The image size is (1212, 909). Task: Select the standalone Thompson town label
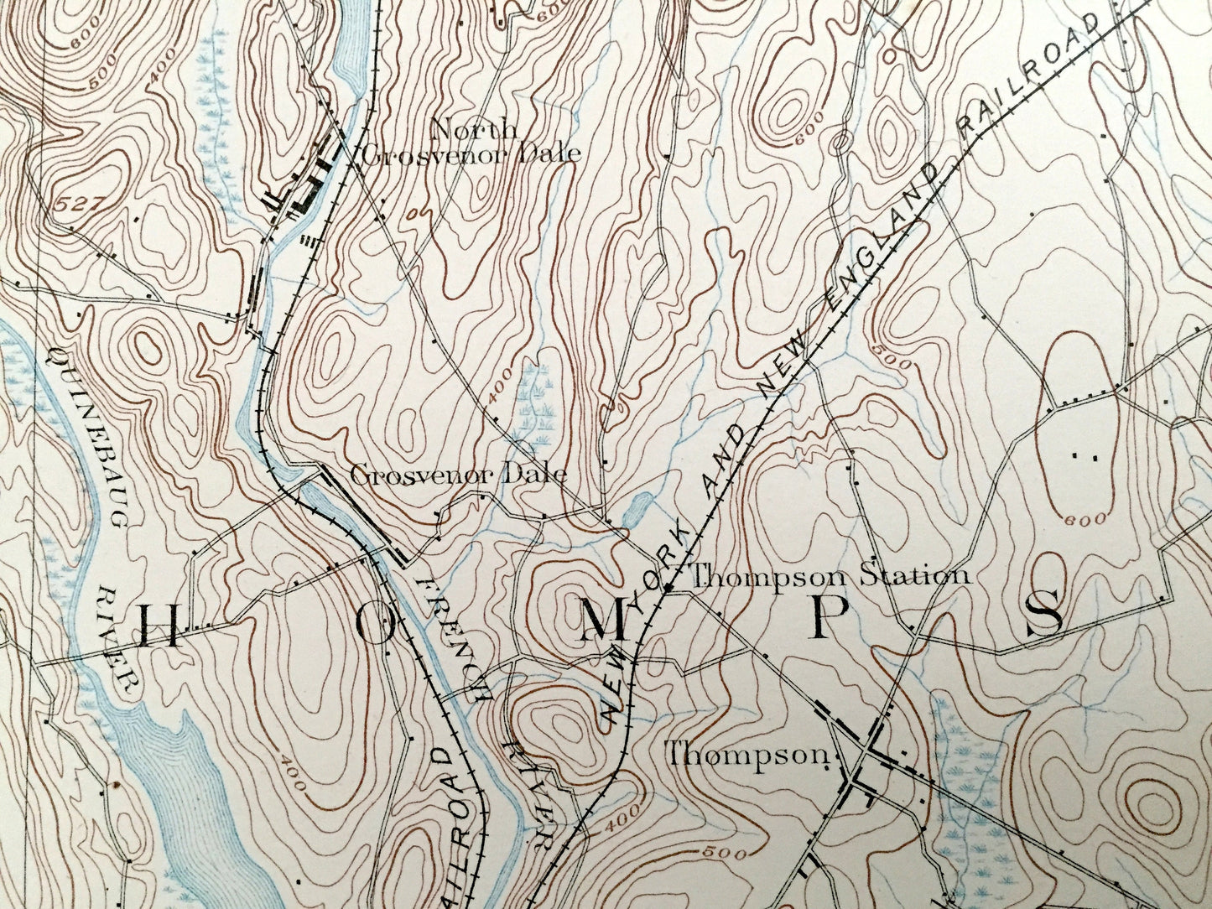(746, 754)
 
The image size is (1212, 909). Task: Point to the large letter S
(1044, 613)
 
